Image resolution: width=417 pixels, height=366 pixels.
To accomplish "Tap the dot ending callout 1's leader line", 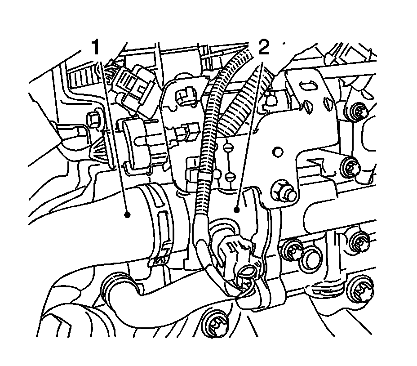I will click(128, 215).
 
